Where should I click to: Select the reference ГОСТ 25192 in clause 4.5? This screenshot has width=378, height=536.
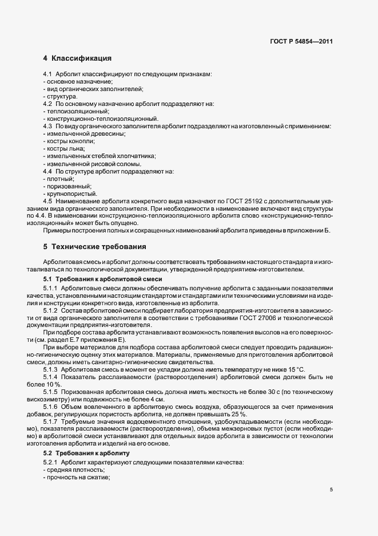pos(232,201)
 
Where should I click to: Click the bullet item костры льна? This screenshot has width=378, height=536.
pos(66,148)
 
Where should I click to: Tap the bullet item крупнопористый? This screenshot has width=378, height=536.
pos(71,194)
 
